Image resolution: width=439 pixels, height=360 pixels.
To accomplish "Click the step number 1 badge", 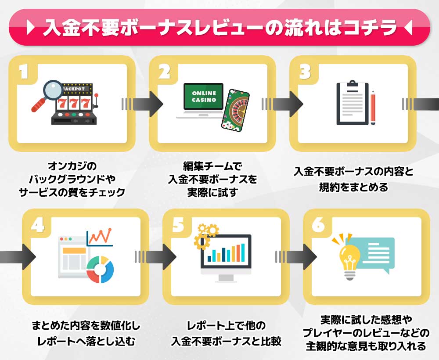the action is pyautogui.click(x=24, y=72).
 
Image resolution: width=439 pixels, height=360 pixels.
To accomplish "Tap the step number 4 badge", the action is pyautogui.click(x=38, y=224).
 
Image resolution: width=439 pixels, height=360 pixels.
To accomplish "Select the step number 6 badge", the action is pyautogui.click(x=318, y=224).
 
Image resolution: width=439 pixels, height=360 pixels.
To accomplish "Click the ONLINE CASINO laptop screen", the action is pyautogui.click(x=204, y=96).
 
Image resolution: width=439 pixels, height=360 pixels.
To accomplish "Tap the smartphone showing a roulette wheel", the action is pyautogui.click(x=235, y=111).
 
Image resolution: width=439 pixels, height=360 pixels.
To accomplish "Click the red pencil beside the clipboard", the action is pyautogui.click(x=373, y=108).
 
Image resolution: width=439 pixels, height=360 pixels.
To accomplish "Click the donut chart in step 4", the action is pyautogui.click(x=100, y=269).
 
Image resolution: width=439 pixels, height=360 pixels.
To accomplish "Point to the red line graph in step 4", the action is pyautogui.click(x=100, y=237).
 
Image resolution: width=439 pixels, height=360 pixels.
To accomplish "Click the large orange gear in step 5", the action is pyautogui.click(x=202, y=241).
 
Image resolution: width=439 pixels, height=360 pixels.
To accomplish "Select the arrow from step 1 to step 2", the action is pyautogui.click(x=142, y=104).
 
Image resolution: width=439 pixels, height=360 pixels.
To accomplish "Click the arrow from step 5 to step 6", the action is pyautogui.click(x=295, y=257).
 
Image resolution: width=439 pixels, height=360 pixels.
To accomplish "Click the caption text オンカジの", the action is pyautogui.click(x=72, y=166).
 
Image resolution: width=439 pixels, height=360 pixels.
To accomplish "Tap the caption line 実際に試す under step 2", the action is pyautogui.click(x=212, y=192).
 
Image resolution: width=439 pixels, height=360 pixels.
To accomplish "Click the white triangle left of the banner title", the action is pyautogui.click(x=30, y=27).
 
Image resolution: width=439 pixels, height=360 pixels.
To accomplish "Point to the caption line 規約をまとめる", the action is pyautogui.click(x=353, y=187).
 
